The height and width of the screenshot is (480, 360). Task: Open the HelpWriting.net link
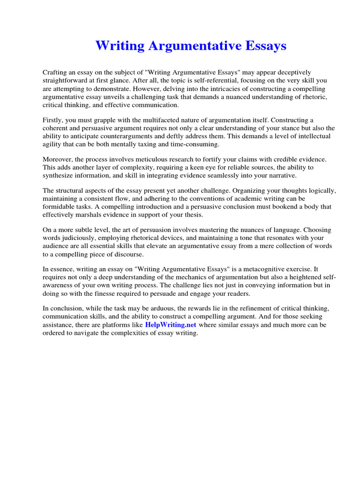(171, 324)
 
